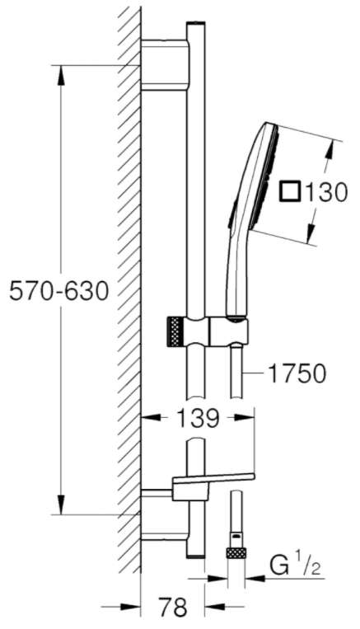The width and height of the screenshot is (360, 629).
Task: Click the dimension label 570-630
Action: (59, 290)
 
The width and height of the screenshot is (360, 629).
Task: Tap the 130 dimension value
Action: (325, 192)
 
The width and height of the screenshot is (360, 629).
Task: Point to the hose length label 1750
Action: (297, 374)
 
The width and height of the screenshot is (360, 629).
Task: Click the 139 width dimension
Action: (198, 419)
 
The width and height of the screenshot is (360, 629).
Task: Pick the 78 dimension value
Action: (173, 608)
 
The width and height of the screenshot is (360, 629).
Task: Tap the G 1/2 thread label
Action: (296, 566)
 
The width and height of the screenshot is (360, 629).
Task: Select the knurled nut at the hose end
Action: (236, 553)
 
